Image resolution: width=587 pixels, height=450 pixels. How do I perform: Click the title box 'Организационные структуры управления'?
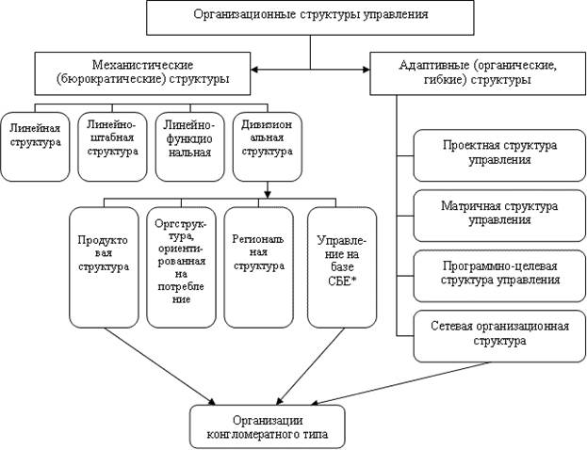pyautogui.click(x=310, y=15)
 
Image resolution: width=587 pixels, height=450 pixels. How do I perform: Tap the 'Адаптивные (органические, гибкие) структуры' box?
pyautogui.click(x=471, y=72)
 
